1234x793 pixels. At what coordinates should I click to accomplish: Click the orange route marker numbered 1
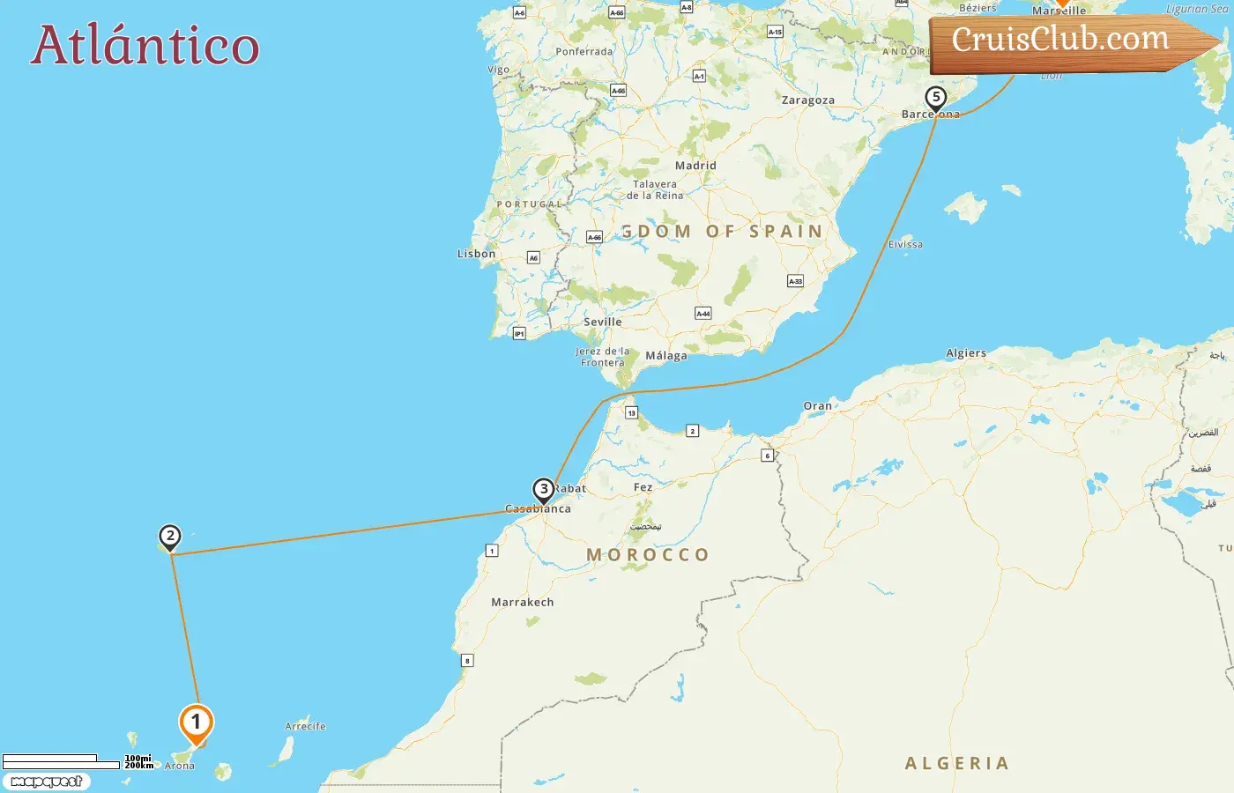[196, 723]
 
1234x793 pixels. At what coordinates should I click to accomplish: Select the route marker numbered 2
[169, 536]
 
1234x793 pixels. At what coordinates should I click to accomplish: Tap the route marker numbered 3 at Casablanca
[544, 489]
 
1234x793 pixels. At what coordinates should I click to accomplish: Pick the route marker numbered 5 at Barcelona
[935, 98]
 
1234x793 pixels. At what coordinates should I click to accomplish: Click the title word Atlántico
[145, 46]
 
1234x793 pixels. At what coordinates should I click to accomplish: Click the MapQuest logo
[46, 782]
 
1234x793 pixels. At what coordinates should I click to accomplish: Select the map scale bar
[62, 761]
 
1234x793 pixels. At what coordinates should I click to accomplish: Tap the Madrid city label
[695, 166]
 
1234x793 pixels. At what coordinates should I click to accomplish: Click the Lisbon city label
[476, 254]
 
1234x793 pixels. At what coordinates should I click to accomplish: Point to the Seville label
[603, 322]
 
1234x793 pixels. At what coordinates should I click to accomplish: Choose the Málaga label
[666, 356]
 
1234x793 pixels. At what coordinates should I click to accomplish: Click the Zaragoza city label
[807, 100]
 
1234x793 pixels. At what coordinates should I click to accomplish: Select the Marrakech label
[523, 603]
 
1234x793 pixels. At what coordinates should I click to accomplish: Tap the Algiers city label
[966, 353]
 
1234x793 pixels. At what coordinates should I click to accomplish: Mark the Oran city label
[817, 406]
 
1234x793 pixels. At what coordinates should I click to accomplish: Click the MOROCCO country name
[648, 555]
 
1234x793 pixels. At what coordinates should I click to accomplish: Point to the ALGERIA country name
[956, 763]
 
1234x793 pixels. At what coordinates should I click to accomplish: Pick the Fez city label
[643, 487]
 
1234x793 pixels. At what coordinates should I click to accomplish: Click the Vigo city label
[499, 70]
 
